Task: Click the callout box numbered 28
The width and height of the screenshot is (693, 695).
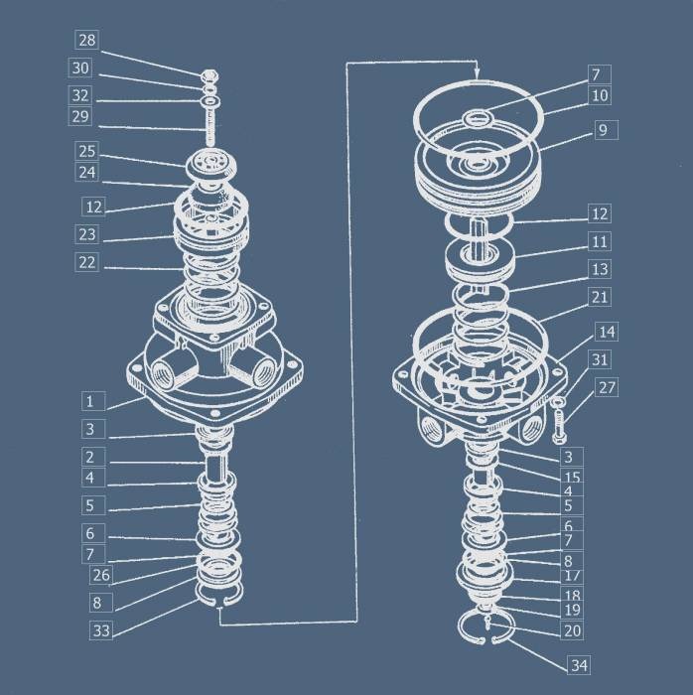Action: pos(86,40)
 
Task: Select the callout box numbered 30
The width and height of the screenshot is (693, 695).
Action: pos(80,69)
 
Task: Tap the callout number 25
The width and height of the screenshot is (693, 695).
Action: pos(86,151)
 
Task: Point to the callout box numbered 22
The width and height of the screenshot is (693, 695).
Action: pos(86,262)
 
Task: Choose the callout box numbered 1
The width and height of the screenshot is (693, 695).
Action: pos(93,401)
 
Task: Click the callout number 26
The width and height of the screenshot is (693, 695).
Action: pos(101,575)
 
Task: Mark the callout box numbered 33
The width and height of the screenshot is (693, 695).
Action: pos(101,629)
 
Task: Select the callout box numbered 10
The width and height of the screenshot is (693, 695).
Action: pos(600,95)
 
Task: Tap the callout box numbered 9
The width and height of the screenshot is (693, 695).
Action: pos(607,130)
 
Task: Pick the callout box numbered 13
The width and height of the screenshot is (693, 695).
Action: pos(600,269)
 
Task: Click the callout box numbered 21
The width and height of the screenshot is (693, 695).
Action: pos(600,297)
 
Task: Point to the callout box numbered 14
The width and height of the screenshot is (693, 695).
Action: pos(607,332)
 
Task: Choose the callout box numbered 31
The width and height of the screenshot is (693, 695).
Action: pos(600,359)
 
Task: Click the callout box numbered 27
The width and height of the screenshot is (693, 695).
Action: pos(607,387)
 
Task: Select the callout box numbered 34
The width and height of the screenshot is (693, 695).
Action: pos(579,665)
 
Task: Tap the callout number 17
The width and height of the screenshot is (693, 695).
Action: pos(573,576)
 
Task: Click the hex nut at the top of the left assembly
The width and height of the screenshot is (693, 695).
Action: pos(210,75)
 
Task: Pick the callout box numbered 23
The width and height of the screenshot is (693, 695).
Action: pos(86,234)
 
